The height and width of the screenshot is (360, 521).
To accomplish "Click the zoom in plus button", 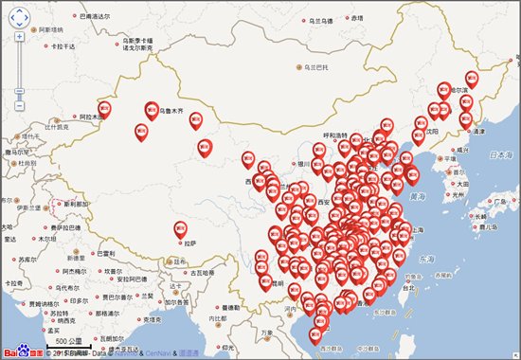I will click(x=19, y=38).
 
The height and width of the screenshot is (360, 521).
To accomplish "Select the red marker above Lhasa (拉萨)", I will click(x=181, y=228).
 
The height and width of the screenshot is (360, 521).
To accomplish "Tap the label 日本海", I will click(x=492, y=153).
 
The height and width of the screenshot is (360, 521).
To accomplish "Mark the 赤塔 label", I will click(x=356, y=18).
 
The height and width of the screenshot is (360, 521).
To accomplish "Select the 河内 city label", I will click(x=285, y=309).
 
